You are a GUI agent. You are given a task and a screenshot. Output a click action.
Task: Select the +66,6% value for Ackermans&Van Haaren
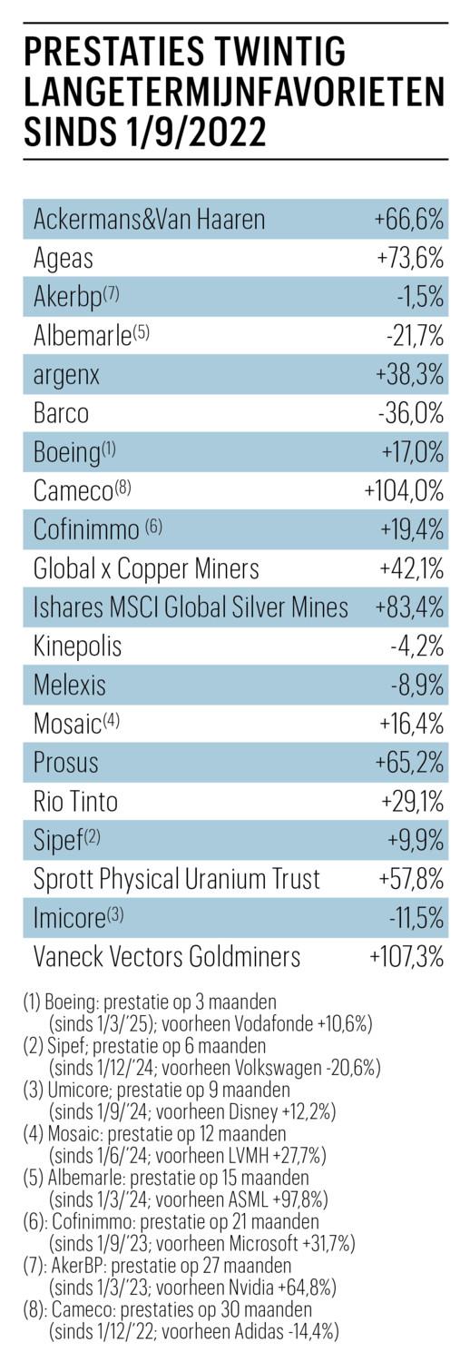[409, 219]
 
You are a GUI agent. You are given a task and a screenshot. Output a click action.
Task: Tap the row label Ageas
[64, 259]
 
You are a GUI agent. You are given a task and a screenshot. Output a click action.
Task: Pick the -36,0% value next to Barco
[411, 413]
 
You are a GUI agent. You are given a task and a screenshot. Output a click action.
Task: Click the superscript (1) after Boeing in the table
[108, 449]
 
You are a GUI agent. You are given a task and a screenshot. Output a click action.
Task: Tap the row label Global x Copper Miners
[146, 569]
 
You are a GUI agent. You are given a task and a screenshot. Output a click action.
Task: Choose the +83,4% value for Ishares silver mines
[409, 608]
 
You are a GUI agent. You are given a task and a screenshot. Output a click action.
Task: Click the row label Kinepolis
[78, 646]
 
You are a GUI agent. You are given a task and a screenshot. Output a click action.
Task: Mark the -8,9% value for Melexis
[417, 686]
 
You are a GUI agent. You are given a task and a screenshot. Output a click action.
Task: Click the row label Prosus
[65, 763]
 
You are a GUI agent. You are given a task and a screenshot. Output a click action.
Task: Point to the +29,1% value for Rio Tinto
[412, 803]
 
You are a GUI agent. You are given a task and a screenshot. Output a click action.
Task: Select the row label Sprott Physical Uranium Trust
[177, 880]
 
